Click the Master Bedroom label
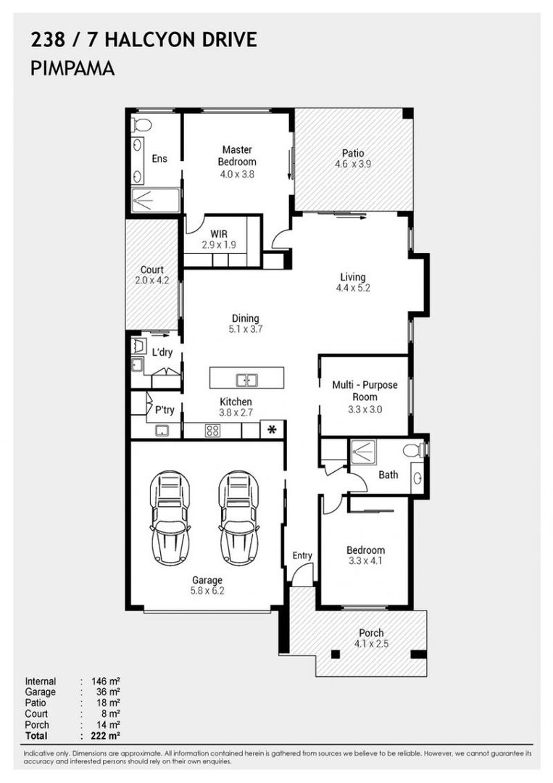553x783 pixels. [x=237, y=155]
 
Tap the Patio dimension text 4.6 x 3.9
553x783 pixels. [x=353, y=164]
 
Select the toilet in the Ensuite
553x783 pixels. [x=141, y=125]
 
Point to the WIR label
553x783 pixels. [x=219, y=233]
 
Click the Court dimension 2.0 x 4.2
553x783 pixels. [x=151, y=280]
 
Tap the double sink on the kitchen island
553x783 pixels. [x=246, y=380]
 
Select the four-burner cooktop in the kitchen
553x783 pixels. [x=212, y=431]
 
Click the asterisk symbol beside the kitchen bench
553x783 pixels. [x=272, y=429]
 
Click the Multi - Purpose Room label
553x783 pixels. [x=365, y=391]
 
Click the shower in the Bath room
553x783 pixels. [x=363, y=452]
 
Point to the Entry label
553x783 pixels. [x=302, y=555]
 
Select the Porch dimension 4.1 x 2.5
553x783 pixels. [x=371, y=644]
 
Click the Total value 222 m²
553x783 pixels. [x=106, y=736]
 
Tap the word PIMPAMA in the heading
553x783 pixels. [x=72, y=68]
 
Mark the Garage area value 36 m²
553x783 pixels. [x=108, y=692]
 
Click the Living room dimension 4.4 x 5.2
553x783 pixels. [x=353, y=288]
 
